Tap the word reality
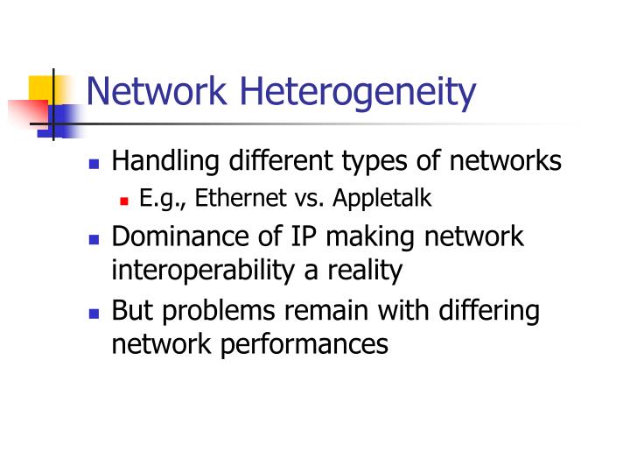360,271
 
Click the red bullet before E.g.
124,201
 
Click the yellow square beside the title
42,88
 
